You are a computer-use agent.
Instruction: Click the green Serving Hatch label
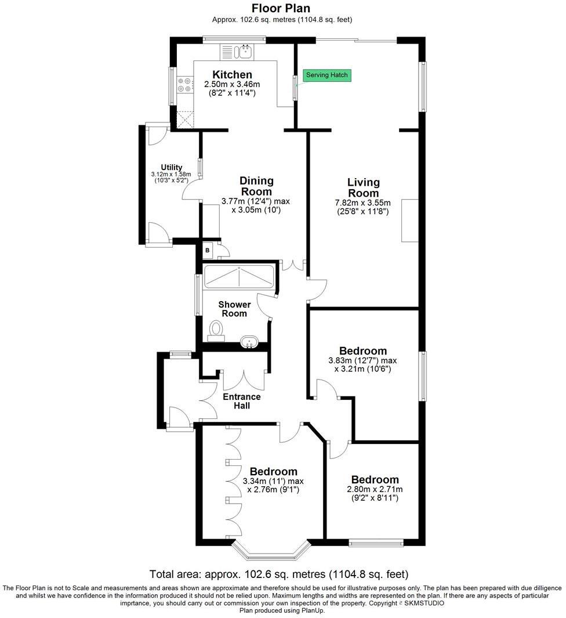[x=328, y=75]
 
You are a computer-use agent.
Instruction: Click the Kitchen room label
[x=232, y=75]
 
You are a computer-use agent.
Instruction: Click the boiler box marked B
[x=207, y=250]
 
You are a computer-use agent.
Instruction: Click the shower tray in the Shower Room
[x=239, y=277]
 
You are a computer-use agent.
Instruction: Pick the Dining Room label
[x=256, y=186]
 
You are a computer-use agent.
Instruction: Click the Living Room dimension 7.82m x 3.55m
[x=363, y=203]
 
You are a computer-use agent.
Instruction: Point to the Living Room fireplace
[x=410, y=220]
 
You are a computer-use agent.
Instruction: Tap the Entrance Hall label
[x=242, y=401]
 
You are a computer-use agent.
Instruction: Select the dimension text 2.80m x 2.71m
[x=375, y=490]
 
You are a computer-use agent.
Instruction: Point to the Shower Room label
[x=234, y=309]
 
